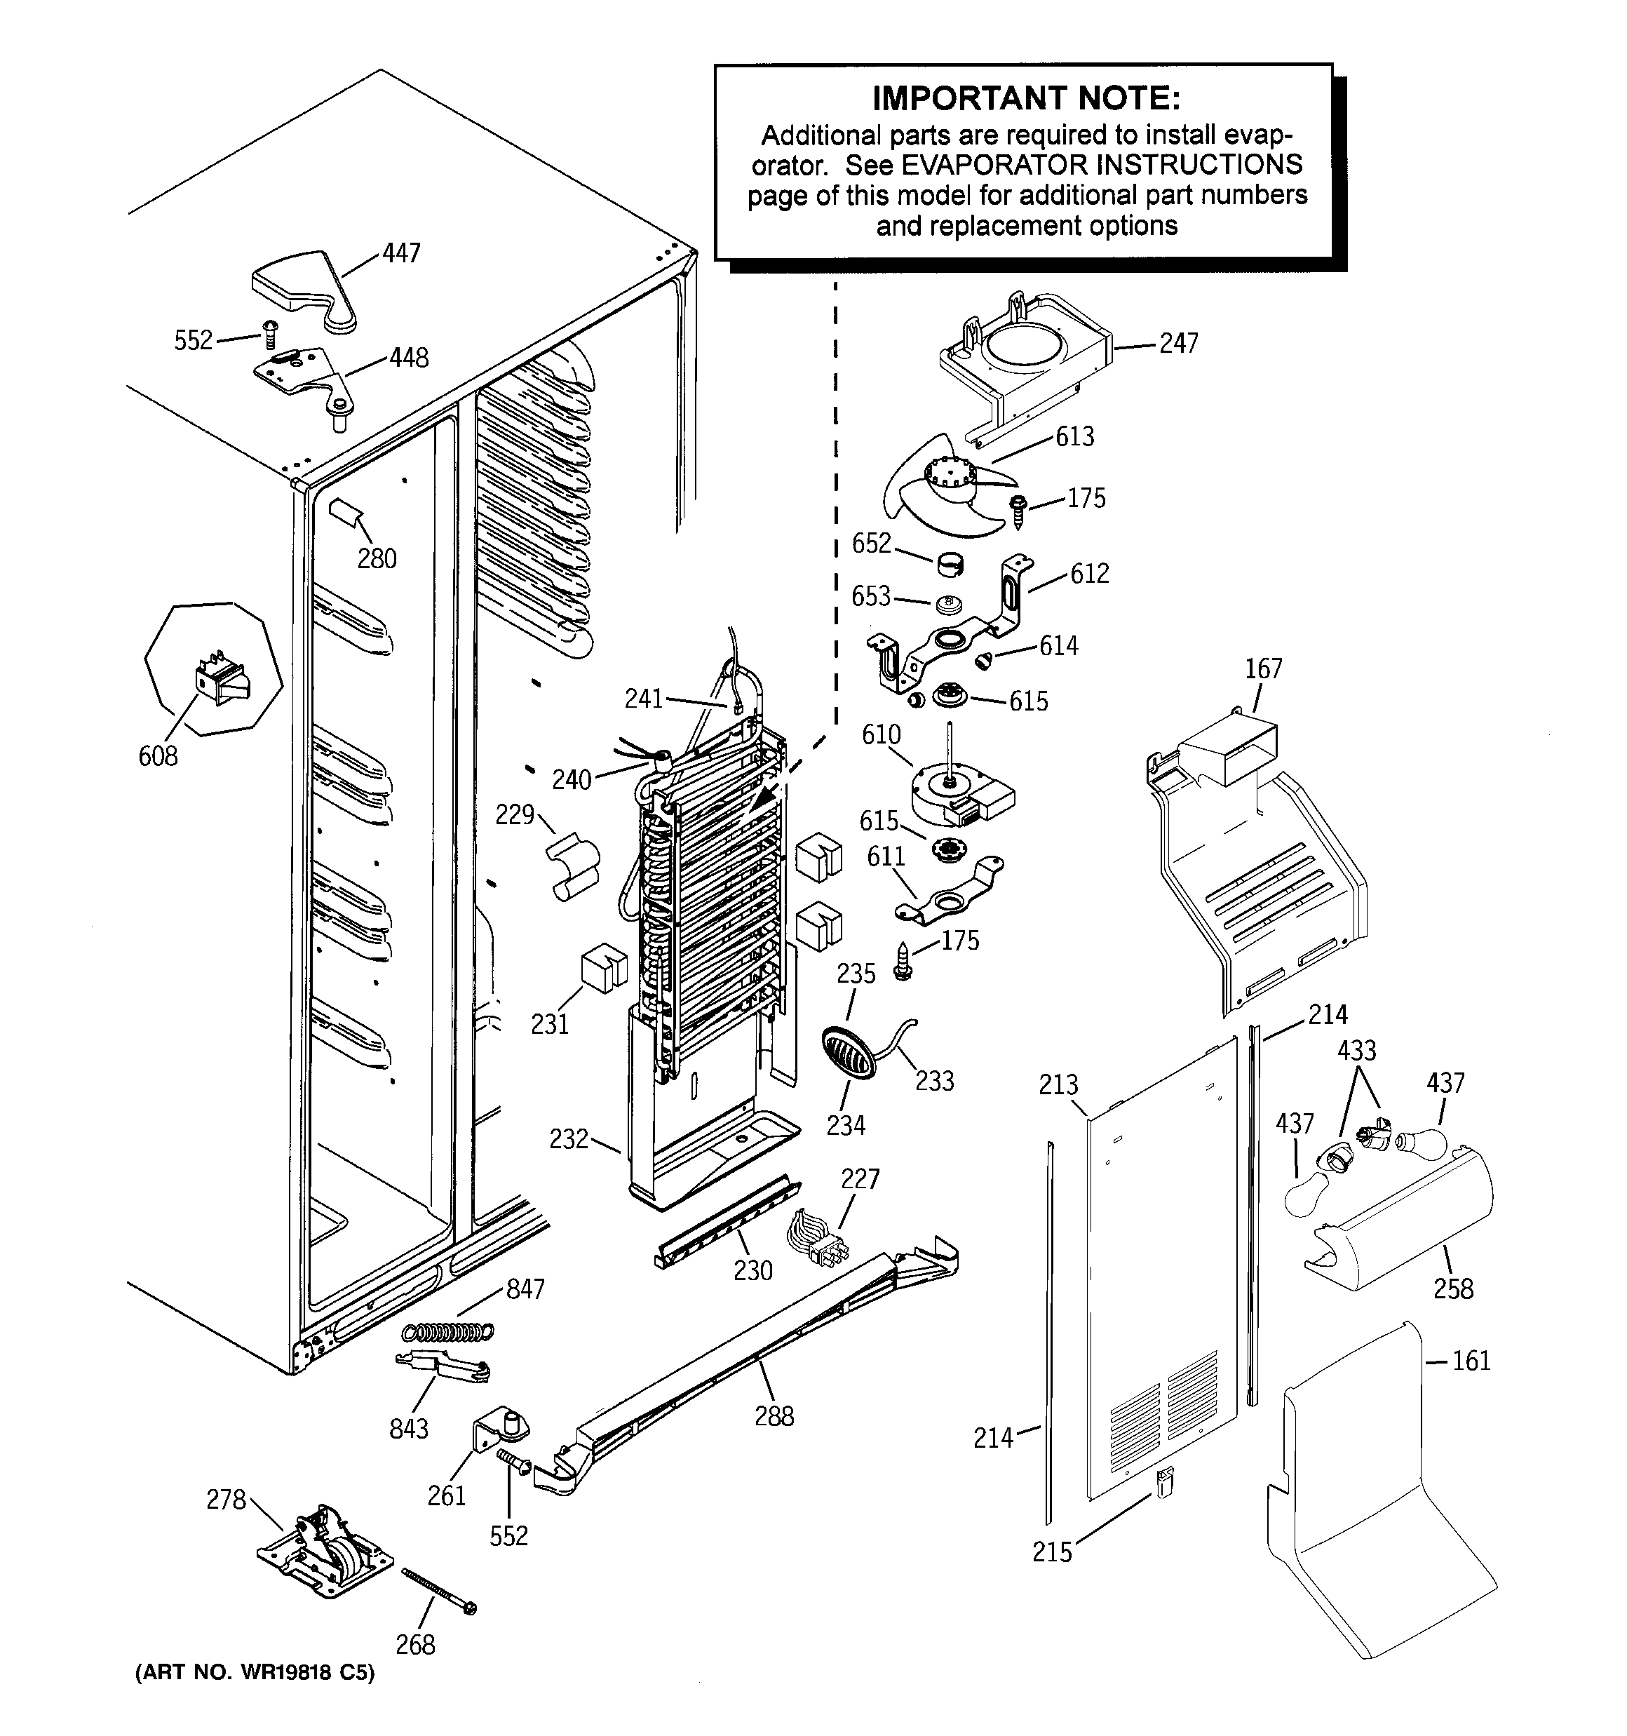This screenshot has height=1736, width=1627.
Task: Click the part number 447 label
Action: (401, 253)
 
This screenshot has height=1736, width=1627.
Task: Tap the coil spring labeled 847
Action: (447, 1331)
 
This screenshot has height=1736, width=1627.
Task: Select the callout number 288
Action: (774, 1415)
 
